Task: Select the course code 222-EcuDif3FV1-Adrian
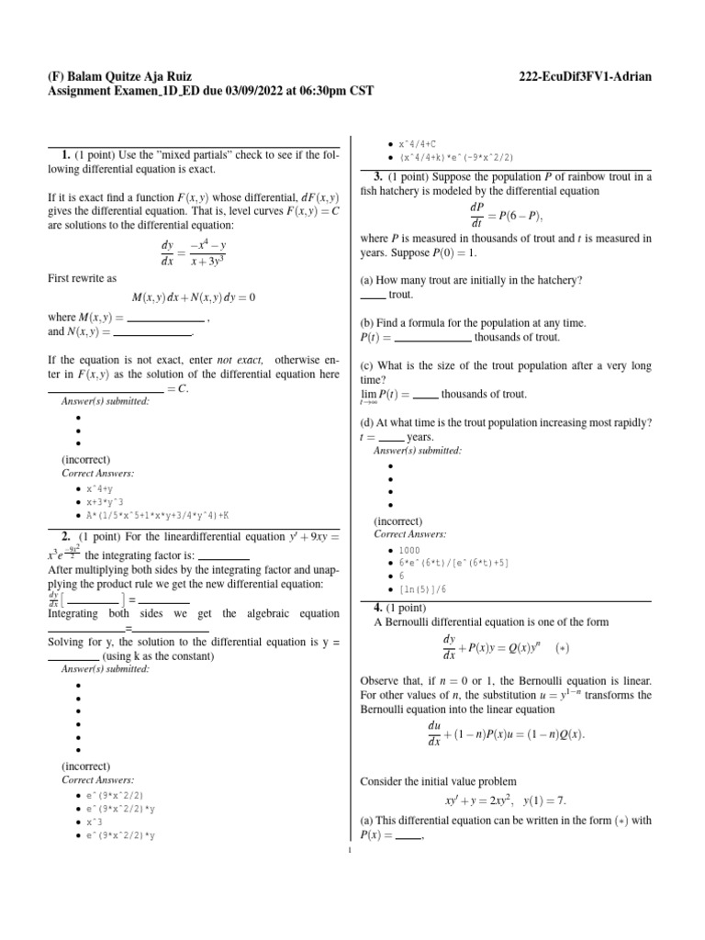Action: coord(585,76)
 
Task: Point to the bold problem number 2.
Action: coord(66,535)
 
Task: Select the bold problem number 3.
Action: coord(378,176)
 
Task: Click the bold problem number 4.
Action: coord(378,608)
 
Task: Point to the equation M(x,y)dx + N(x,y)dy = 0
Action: coord(194,297)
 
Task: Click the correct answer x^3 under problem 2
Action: coord(95,822)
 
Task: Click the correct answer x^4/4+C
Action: coord(417,144)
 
